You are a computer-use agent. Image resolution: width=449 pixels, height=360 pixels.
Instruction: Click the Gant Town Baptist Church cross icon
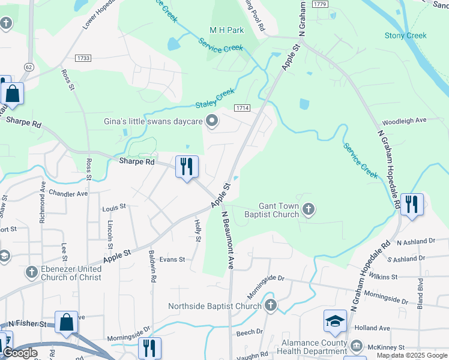[309, 209]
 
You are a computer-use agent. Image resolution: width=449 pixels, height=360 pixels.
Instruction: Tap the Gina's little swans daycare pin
[211, 121]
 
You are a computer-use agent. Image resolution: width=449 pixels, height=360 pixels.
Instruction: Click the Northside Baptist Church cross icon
[270, 305]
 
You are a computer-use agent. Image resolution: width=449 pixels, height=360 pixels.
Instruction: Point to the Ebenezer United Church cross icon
[31, 272]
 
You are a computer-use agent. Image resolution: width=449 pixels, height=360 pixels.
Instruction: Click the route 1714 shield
[242, 108]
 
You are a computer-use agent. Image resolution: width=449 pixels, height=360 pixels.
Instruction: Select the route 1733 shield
[83, 58]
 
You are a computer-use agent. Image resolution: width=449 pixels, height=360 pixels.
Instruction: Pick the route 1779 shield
[319, 4]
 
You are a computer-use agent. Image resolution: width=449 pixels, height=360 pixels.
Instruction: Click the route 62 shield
[28, 67]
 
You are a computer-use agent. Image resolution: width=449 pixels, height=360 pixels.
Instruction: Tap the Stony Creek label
[405, 35]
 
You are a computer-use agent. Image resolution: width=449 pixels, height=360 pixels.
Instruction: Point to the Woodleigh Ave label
[403, 120]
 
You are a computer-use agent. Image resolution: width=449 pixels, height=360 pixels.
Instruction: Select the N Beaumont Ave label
[226, 239]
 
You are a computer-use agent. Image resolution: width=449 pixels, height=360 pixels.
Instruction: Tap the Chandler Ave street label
[68, 193]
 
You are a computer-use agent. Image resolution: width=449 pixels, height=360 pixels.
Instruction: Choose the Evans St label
[172, 259]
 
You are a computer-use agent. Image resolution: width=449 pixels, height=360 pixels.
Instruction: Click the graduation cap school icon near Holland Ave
[334, 321]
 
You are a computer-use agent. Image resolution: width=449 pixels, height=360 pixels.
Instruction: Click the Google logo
[20, 353]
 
